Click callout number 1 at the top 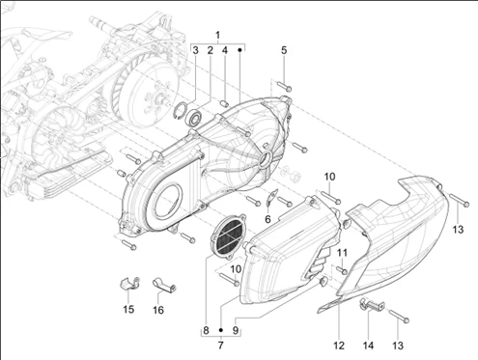click(x=218, y=35)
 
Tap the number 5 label click(x=284, y=50)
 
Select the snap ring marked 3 click(x=181, y=110)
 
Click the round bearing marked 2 click(x=194, y=117)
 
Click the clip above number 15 click(x=129, y=283)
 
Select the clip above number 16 click(x=163, y=285)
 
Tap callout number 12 click(x=339, y=346)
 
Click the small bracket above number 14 click(x=371, y=305)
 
